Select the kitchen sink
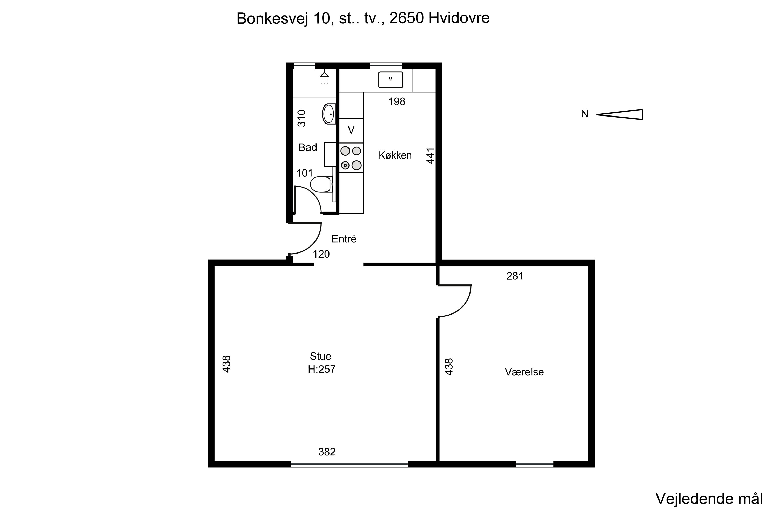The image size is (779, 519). pos(391,80)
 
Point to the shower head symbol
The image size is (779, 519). pos(324,77)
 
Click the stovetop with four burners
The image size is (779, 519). pos(351,158)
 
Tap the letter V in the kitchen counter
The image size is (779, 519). pos(351,130)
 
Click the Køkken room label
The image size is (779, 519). pos(395,155)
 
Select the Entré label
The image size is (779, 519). pos(344,239)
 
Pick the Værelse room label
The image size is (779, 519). pos(524,372)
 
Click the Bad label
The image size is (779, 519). pos(308,147)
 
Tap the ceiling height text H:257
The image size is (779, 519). pos(322,369)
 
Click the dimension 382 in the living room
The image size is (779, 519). pos(327,452)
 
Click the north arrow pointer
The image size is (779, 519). pos(620,114)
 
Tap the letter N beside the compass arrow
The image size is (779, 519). pos(585,114)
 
